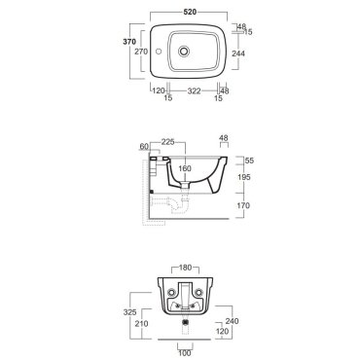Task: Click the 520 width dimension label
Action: point(190,12)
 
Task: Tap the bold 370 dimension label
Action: point(129,42)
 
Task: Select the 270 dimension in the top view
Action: point(141,52)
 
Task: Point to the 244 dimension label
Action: point(238,54)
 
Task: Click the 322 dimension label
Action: point(194,91)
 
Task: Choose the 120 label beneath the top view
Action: point(159,90)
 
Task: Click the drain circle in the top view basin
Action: point(184,51)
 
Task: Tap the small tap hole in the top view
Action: point(159,52)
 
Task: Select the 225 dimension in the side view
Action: point(168,142)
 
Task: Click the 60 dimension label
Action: point(144,147)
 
